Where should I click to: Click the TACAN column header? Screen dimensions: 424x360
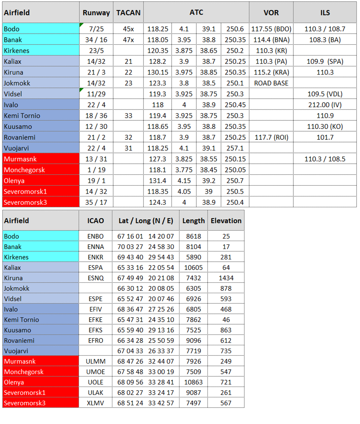click(128, 13)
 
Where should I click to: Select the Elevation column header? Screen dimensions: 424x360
click(226, 221)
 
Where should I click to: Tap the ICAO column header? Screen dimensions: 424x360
click(96, 221)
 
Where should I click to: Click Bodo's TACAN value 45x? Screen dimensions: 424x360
click(128, 29)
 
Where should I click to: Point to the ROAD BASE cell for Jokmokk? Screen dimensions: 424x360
click(271, 83)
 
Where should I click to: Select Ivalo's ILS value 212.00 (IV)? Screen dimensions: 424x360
click(325, 105)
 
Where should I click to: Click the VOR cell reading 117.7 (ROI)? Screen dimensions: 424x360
click(271, 138)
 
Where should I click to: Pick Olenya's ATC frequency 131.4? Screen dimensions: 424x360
click(157, 181)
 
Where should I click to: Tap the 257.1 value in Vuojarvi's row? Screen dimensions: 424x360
click(235, 148)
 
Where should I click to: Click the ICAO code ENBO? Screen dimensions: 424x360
click(96, 237)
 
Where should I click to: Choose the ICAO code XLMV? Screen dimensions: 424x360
click(96, 403)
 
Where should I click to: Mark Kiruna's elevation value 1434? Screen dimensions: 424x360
click(226, 278)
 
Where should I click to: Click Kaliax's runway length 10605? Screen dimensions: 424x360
click(194, 268)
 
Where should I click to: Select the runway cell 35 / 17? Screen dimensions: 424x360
click(96, 203)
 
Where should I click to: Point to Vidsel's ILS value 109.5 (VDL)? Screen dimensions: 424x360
click(325, 94)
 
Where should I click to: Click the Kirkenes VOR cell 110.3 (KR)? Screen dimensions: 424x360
click(271, 51)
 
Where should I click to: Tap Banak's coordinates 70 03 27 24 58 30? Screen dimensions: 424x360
click(146, 247)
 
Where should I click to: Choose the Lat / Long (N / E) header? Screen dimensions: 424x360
click(146, 221)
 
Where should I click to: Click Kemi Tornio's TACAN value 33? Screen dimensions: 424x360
click(128, 116)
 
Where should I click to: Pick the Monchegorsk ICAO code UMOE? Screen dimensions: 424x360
click(96, 372)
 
